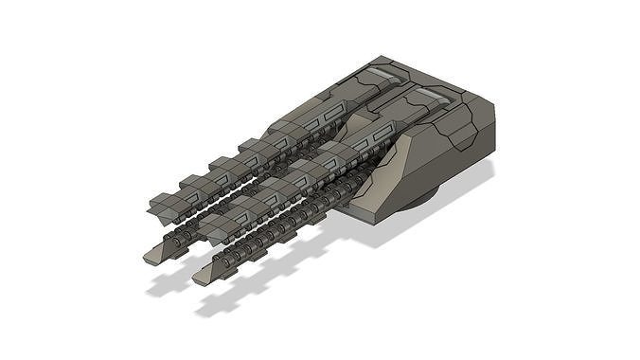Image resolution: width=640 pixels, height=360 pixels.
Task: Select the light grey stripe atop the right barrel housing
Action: coord(431,95)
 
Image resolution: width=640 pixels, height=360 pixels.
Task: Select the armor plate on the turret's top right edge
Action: coord(464,123)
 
